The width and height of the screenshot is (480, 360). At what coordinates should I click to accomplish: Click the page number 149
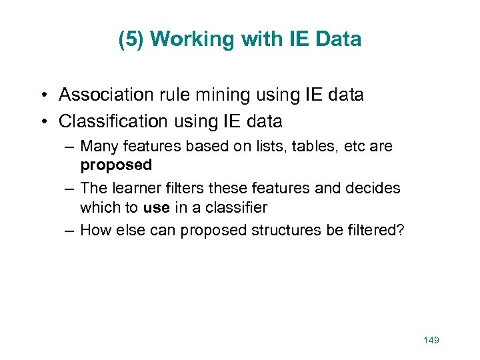[431, 341]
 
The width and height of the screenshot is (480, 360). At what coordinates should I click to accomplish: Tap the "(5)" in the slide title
[131, 39]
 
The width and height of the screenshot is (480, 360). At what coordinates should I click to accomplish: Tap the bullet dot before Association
[43, 95]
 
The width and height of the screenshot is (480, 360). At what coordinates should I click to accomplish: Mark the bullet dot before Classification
[43, 121]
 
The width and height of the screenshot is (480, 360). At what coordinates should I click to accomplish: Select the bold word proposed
[116, 164]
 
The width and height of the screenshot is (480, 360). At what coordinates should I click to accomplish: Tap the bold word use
[156, 207]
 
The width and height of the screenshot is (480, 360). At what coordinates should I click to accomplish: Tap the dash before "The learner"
[69, 189]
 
